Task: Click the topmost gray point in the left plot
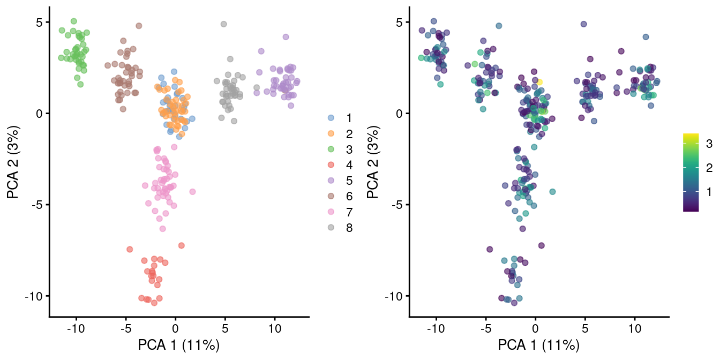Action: point(224,24)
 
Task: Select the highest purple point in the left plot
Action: point(286,37)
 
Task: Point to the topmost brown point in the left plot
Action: point(139,26)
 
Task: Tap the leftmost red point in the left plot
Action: point(130,249)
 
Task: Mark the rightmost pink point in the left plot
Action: point(192,191)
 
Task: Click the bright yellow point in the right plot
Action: point(539,82)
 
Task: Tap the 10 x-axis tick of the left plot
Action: point(274,328)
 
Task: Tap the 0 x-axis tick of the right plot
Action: point(535,328)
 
